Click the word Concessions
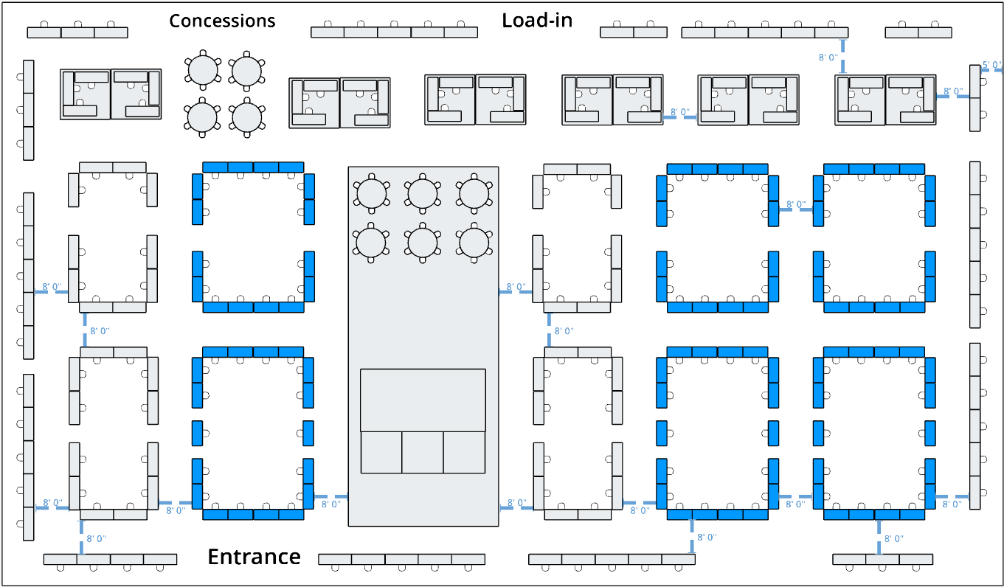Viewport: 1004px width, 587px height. coord(222,21)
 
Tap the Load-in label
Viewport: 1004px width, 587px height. coord(537,21)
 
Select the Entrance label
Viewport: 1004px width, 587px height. coord(255,557)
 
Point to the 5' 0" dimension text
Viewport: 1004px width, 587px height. coord(992,65)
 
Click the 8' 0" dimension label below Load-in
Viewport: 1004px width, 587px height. coord(828,58)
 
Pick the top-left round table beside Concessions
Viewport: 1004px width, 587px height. coord(203,70)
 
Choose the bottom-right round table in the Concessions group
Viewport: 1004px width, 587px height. coord(247,117)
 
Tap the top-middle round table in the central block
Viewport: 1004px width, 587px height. coord(423,194)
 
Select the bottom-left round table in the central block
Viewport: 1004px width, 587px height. coord(371,243)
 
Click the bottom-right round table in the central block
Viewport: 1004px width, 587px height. coord(474,243)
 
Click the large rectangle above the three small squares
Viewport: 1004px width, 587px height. coord(423,400)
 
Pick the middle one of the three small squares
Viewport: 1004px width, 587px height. coord(423,453)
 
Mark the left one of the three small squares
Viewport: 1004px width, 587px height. coord(381,453)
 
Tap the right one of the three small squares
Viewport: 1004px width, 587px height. coord(464,453)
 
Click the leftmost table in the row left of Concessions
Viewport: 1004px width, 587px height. coord(44,32)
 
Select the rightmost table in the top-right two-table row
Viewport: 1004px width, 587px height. coord(935,32)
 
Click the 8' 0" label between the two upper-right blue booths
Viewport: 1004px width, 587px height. coord(795,205)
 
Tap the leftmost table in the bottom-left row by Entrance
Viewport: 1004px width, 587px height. coord(60,559)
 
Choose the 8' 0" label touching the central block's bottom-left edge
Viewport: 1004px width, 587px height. coord(330,504)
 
